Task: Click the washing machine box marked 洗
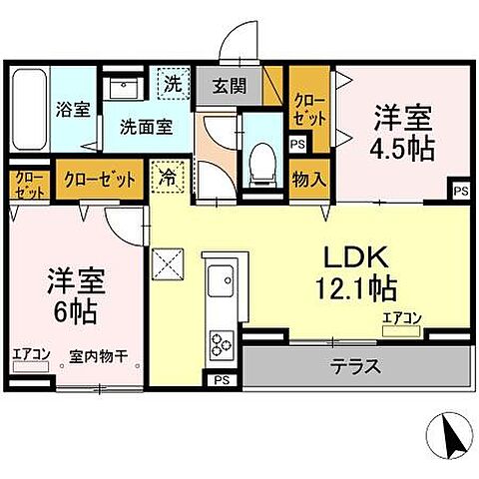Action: (x=173, y=85)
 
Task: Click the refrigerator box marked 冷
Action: (x=166, y=181)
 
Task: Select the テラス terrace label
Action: (x=354, y=366)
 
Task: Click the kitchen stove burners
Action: (x=220, y=346)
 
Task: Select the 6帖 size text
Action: (x=75, y=310)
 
